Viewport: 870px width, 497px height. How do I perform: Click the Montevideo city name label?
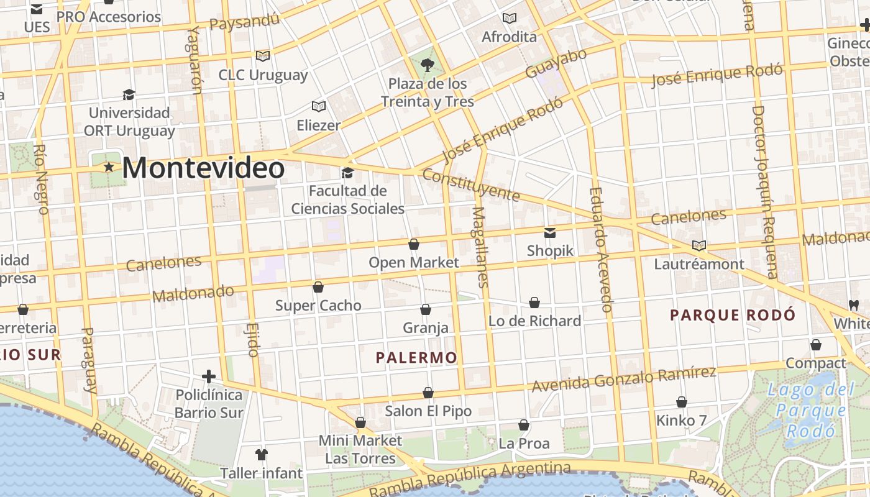pyautogui.click(x=203, y=168)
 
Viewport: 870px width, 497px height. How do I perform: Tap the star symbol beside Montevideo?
pyautogui.click(x=109, y=167)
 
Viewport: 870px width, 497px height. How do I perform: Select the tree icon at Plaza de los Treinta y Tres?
pyautogui.click(x=427, y=65)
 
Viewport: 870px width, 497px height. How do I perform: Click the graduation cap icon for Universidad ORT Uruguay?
pyautogui.click(x=129, y=94)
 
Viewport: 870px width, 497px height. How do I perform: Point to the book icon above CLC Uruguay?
pyautogui.click(x=263, y=56)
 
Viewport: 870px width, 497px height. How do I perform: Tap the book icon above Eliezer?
pyautogui.click(x=319, y=106)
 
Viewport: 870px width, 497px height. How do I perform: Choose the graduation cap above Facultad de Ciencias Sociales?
pyautogui.click(x=347, y=172)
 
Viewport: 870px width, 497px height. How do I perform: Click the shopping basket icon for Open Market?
pyautogui.click(x=414, y=244)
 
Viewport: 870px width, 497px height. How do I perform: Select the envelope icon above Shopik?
pyautogui.click(x=550, y=233)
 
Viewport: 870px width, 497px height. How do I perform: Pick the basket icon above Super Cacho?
pyautogui.click(x=318, y=287)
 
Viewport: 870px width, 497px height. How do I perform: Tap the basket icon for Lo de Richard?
pyautogui.click(x=534, y=303)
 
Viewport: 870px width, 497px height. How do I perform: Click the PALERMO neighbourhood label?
pyautogui.click(x=416, y=358)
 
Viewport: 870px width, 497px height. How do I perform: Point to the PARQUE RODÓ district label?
pyautogui.click(x=733, y=315)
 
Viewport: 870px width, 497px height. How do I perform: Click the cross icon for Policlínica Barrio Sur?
pyautogui.click(x=209, y=376)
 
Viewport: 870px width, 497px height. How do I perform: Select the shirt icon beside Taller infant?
pyautogui.click(x=262, y=455)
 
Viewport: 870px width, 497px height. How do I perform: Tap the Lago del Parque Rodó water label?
pyautogui.click(x=811, y=410)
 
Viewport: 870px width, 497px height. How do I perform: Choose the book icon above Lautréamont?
pyautogui.click(x=699, y=245)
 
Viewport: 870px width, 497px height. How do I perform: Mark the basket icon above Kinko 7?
pyautogui.click(x=682, y=402)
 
